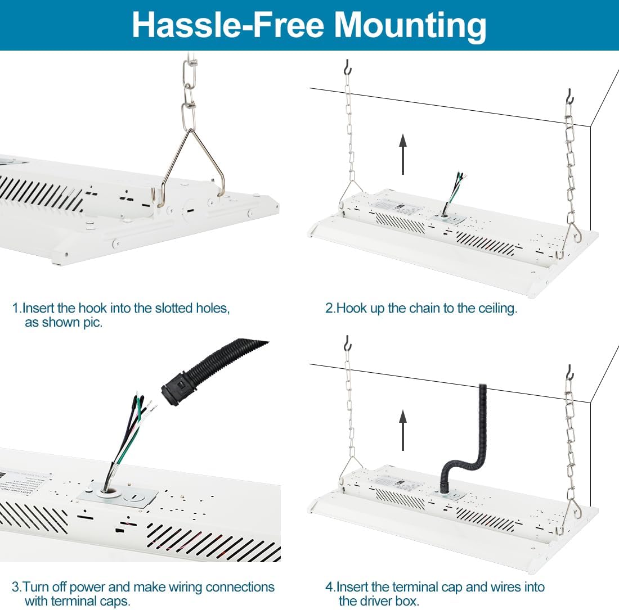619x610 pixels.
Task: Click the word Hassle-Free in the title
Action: [228, 25]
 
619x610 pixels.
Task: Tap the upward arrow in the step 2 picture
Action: [403, 154]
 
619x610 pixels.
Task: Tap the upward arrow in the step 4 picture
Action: [403, 430]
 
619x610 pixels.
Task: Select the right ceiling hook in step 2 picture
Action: [569, 96]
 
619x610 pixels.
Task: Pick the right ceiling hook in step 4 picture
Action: [569, 372]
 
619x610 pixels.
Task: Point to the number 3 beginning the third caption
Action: [15, 587]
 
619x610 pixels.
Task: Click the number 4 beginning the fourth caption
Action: [330, 587]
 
